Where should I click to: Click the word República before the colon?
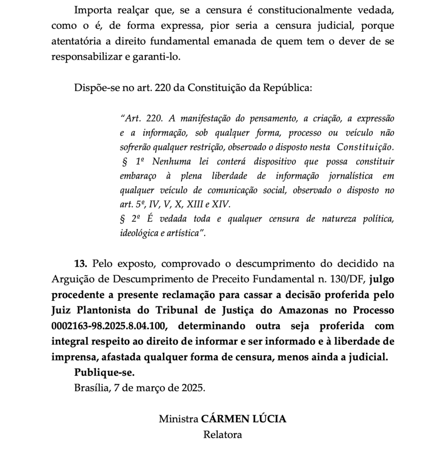285,88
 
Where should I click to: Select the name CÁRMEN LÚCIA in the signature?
243,419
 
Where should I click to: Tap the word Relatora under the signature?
222,434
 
